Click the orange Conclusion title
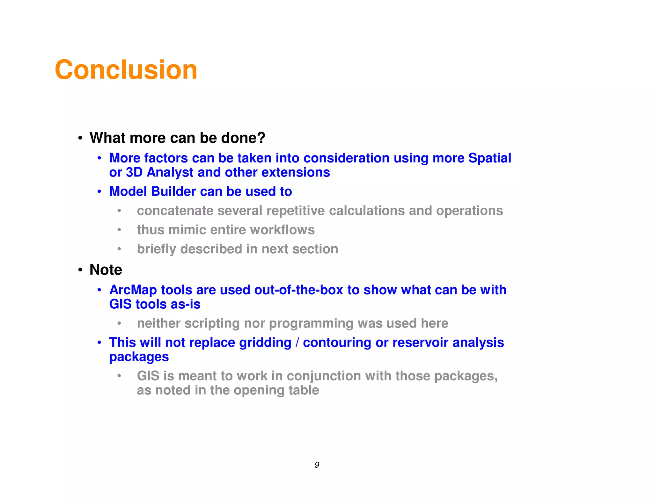tap(126, 70)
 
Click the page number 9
tap(317, 465)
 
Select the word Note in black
tap(106, 270)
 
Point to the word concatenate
tap(175, 211)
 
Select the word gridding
tap(265, 342)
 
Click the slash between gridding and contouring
tap(297, 342)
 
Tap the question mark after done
tap(261, 138)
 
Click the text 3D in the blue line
tap(134, 172)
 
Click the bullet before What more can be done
tap(80, 138)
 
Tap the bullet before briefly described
tap(119, 249)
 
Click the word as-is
tap(186, 304)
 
